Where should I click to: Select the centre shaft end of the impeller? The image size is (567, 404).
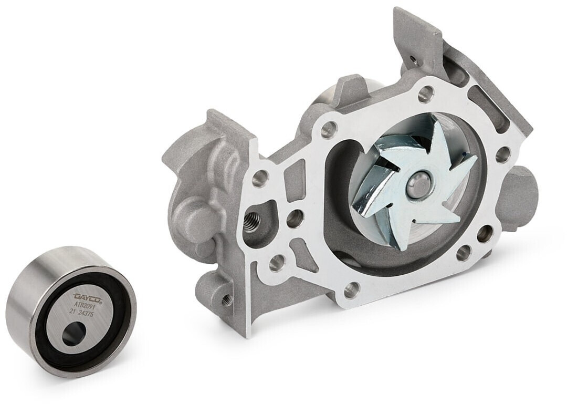pyautogui.click(x=419, y=183)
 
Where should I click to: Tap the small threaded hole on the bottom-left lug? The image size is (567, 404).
pyautogui.click(x=226, y=298)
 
